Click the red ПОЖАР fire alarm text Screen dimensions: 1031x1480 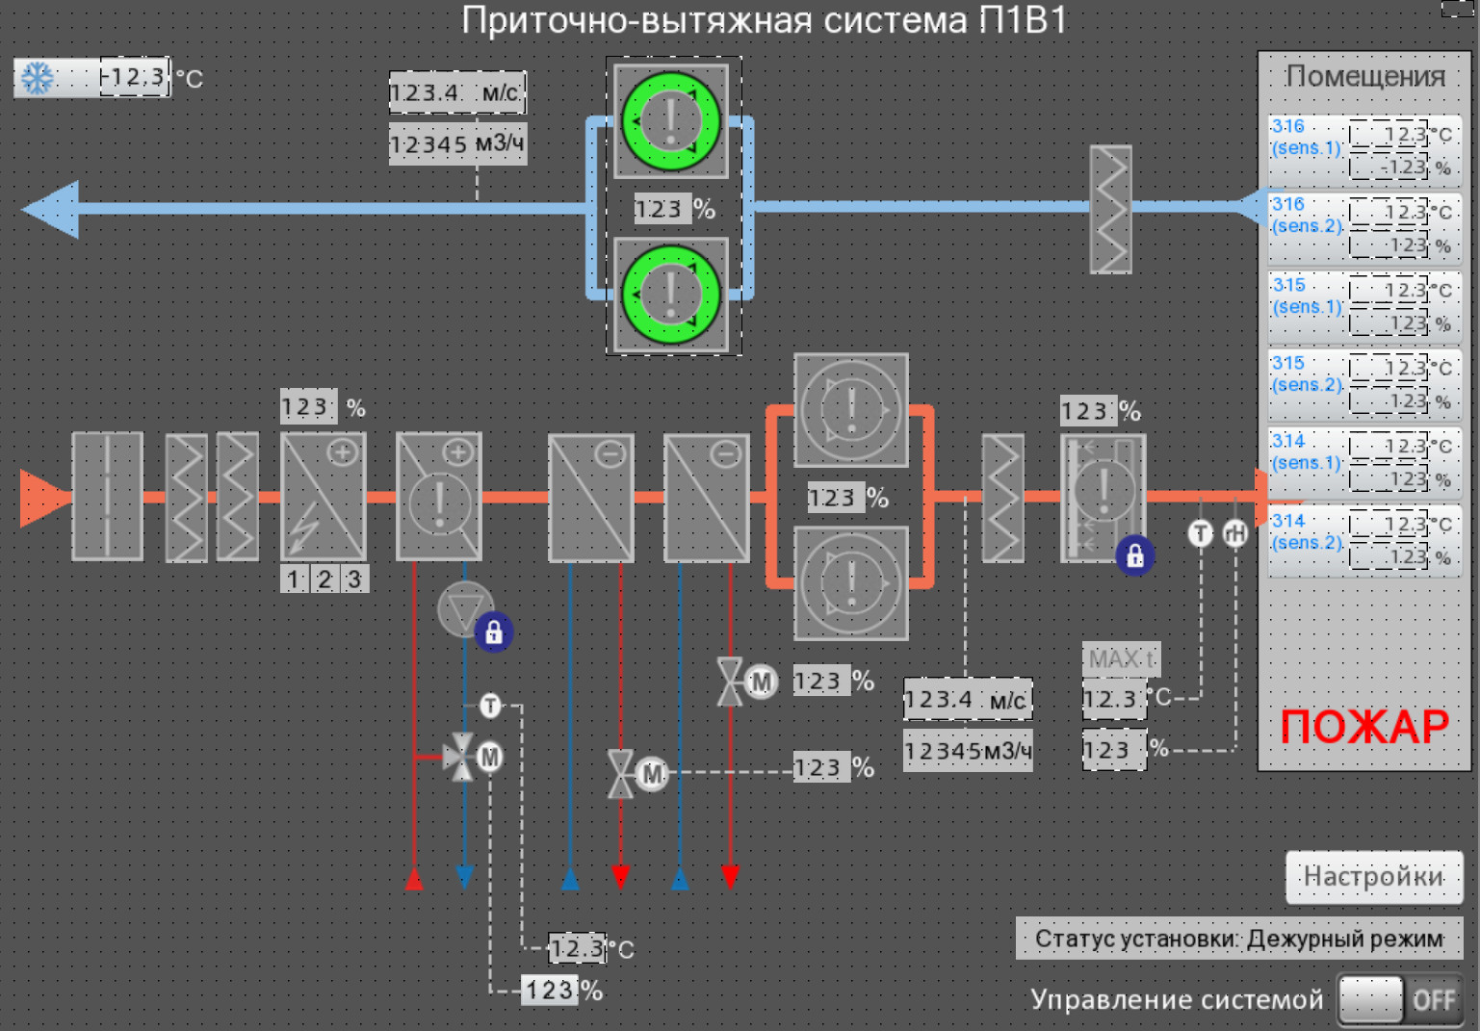click(x=1363, y=727)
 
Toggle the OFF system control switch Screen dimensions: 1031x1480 click(x=1401, y=1000)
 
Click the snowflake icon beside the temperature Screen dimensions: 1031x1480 click(x=38, y=78)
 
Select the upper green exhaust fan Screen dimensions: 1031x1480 click(x=671, y=122)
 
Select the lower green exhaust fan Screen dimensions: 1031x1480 click(x=671, y=295)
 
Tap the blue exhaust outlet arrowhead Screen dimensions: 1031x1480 click(x=51, y=209)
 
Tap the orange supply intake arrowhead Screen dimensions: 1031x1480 click(x=43, y=498)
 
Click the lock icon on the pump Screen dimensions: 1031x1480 click(x=494, y=632)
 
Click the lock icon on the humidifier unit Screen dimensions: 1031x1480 click(x=1135, y=555)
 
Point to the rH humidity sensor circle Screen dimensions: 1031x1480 click(x=1235, y=533)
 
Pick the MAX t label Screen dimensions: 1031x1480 click(x=1121, y=659)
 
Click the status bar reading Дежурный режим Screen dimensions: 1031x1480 click(x=1238, y=939)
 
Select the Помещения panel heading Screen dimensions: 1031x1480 click(x=1364, y=76)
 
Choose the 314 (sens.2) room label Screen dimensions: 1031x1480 click(x=1306, y=532)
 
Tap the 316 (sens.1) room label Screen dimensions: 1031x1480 click(x=1306, y=138)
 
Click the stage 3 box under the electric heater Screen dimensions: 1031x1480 click(x=354, y=580)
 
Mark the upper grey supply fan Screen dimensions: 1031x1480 click(x=851, y=410)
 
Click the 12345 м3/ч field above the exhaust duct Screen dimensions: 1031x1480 click(x=457, y=144)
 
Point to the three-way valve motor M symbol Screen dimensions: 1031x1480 click(x=490, y=757)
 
